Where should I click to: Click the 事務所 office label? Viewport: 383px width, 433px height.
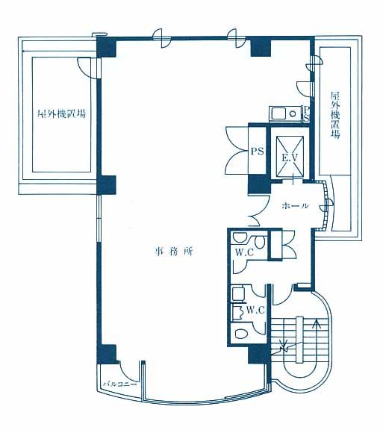(x=174, y=252)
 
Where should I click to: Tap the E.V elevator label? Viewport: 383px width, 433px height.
(x=290, y=158)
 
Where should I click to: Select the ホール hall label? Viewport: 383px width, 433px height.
(x=295, y=205)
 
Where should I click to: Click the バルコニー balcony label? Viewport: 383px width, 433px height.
(x=120, y=384)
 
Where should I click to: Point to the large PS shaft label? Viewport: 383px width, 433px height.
(x=257, y=151)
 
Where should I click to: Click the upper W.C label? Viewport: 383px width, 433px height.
(x=244, y=252)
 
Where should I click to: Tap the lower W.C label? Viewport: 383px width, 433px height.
(x=255, y=310)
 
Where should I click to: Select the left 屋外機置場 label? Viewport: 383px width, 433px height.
(x=61, y=113)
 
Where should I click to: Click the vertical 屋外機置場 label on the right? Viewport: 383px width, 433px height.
(x=335, y=115)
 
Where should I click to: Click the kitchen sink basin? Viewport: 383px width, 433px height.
(x=279, y=113)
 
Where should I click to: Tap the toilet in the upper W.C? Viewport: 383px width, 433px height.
(x=260, y=242)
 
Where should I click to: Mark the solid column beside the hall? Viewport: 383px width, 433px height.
(x=259, y=184)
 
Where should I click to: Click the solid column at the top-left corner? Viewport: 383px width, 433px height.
(x=106, y=47)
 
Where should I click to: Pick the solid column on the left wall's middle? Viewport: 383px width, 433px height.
(x=106, y=185)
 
